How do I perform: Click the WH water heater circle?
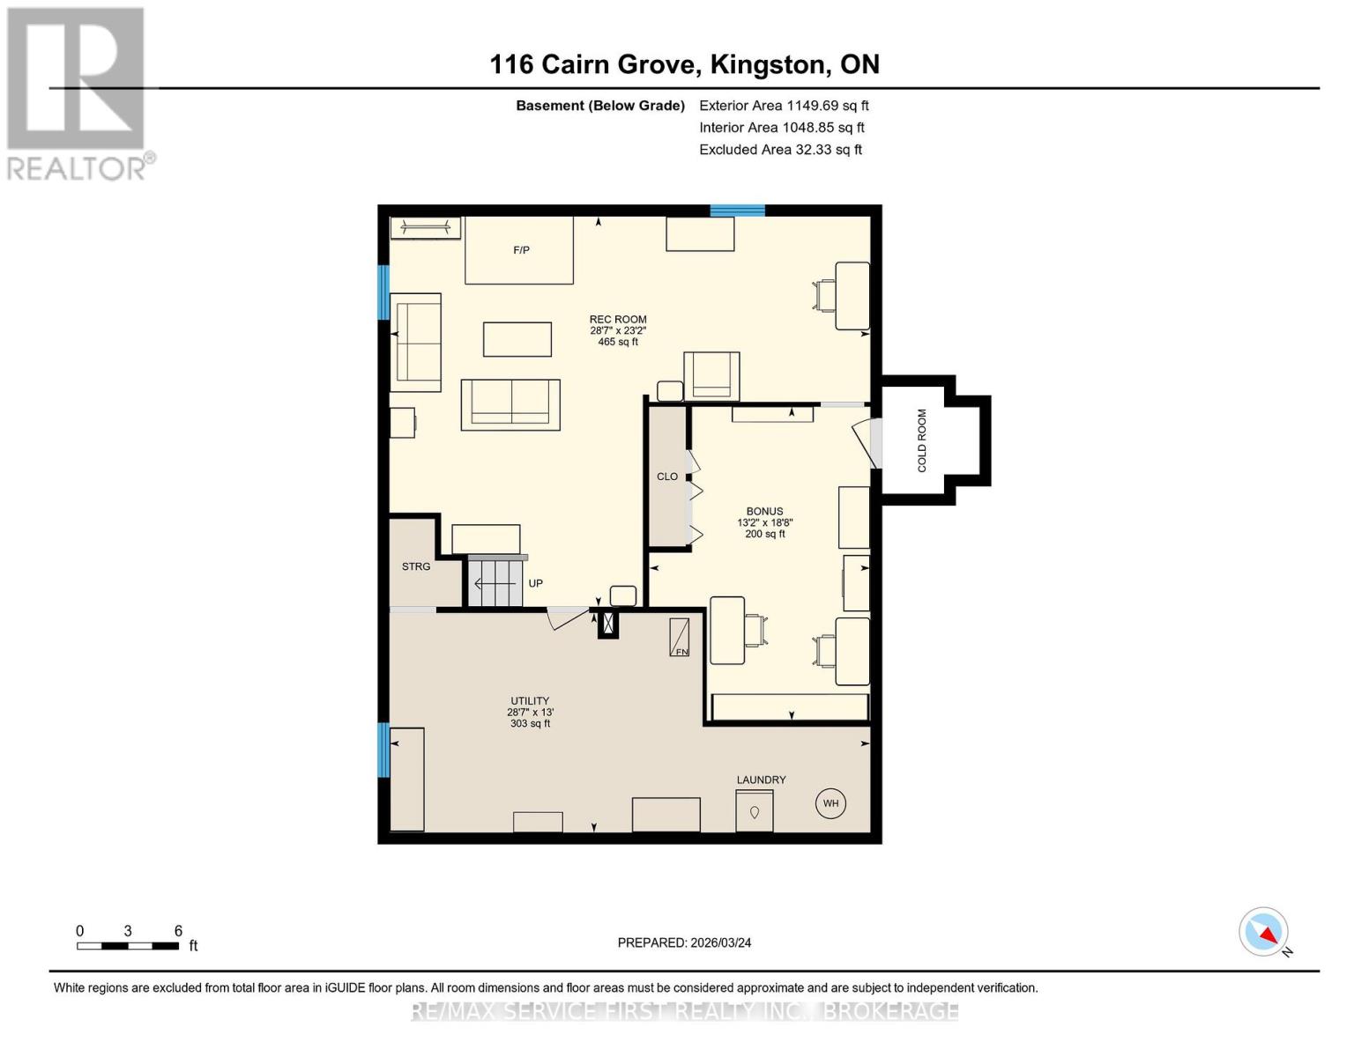pyautogui.click(x=830, y=802)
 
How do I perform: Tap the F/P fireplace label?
pyautogui.click(x=521, y=250)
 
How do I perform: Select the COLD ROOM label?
pyautogui.click(x=921, y=440)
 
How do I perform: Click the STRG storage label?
pyautogui.click(x=416, y=566)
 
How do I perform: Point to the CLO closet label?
pyautogui.click(x=667, y=476)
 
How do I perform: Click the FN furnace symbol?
pyautogui.click(x=679, y=637)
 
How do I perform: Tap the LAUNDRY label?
pyautogui.click(x=761, y=780)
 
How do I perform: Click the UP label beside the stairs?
pyautogui.click(x=535, y=583)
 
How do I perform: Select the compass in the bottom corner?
pyautogui.click(x=1263, y=932)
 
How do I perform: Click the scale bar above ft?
pyautogui.click(x=128, y=945)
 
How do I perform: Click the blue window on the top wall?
pyautogui.click(x=737, y=211)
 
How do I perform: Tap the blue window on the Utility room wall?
pyautogui.click(x=383, y=750)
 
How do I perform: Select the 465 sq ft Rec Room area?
pyautogui.click(x=617, y=341)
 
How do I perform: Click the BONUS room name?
pyautogui.click(x=764, y=511)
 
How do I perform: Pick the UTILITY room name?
pyautogui.click(x=529, y=700)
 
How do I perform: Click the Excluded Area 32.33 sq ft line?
pyautogui.click(x=780, y=149)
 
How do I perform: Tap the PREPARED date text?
pyautogui.click(x=684, y=942)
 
